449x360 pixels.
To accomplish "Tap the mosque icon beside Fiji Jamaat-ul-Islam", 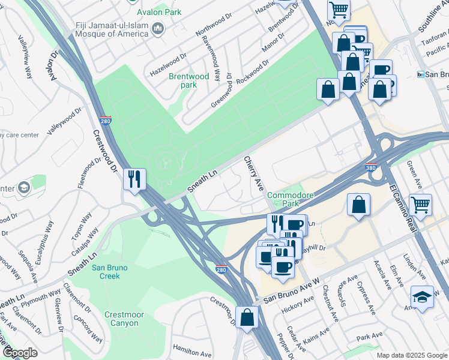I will pyautogui.click(x=158, y=29).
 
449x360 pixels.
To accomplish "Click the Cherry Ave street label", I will pyautogui.click(x=253, y=174).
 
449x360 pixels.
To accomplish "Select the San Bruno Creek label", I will pyautogui.click(x=114, y=272).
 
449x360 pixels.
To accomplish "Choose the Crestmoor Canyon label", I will pyautogui.click(x=121, y=319).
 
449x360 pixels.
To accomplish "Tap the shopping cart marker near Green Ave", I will pyautogui.click(x=420, y=205).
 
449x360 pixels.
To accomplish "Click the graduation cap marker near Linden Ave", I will pyautogui.click(x=422, y=297).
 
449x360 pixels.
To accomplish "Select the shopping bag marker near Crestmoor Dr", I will pyautogui.click(x=247, y=317).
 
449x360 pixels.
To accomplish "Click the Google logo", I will pyautogui.click(x=20, y=353).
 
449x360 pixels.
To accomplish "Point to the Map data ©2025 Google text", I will pyautogui.click(x=412, y=355).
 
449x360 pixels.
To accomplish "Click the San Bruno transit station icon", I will pyautogui.click(x=421, y=74).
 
